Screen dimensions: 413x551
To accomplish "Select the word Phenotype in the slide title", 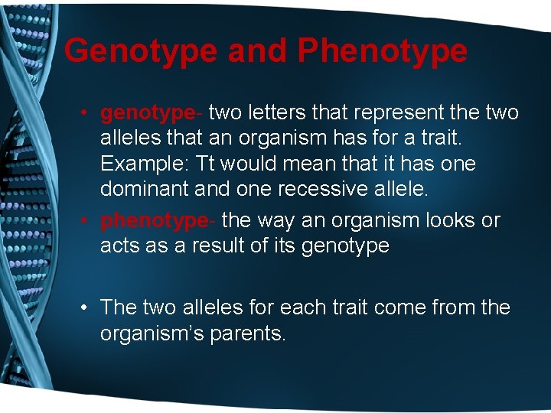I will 383,51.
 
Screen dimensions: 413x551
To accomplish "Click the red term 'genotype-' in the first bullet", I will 152,113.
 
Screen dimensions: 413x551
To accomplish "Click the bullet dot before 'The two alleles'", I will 87,308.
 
